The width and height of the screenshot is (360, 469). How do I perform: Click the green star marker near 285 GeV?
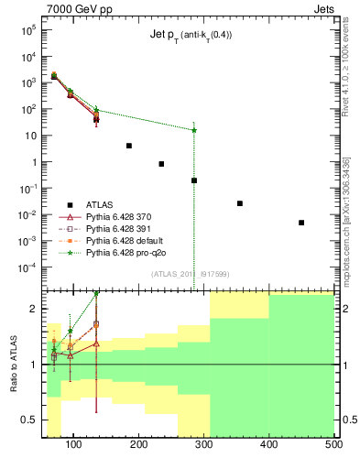pos(194,130)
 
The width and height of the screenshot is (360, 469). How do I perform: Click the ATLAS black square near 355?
pos(240,203)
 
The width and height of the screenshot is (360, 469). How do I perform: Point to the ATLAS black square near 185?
pos(129,146)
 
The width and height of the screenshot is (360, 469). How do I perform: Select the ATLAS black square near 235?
pos(161,164)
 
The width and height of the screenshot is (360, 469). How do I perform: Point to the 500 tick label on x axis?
pos(333,445)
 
